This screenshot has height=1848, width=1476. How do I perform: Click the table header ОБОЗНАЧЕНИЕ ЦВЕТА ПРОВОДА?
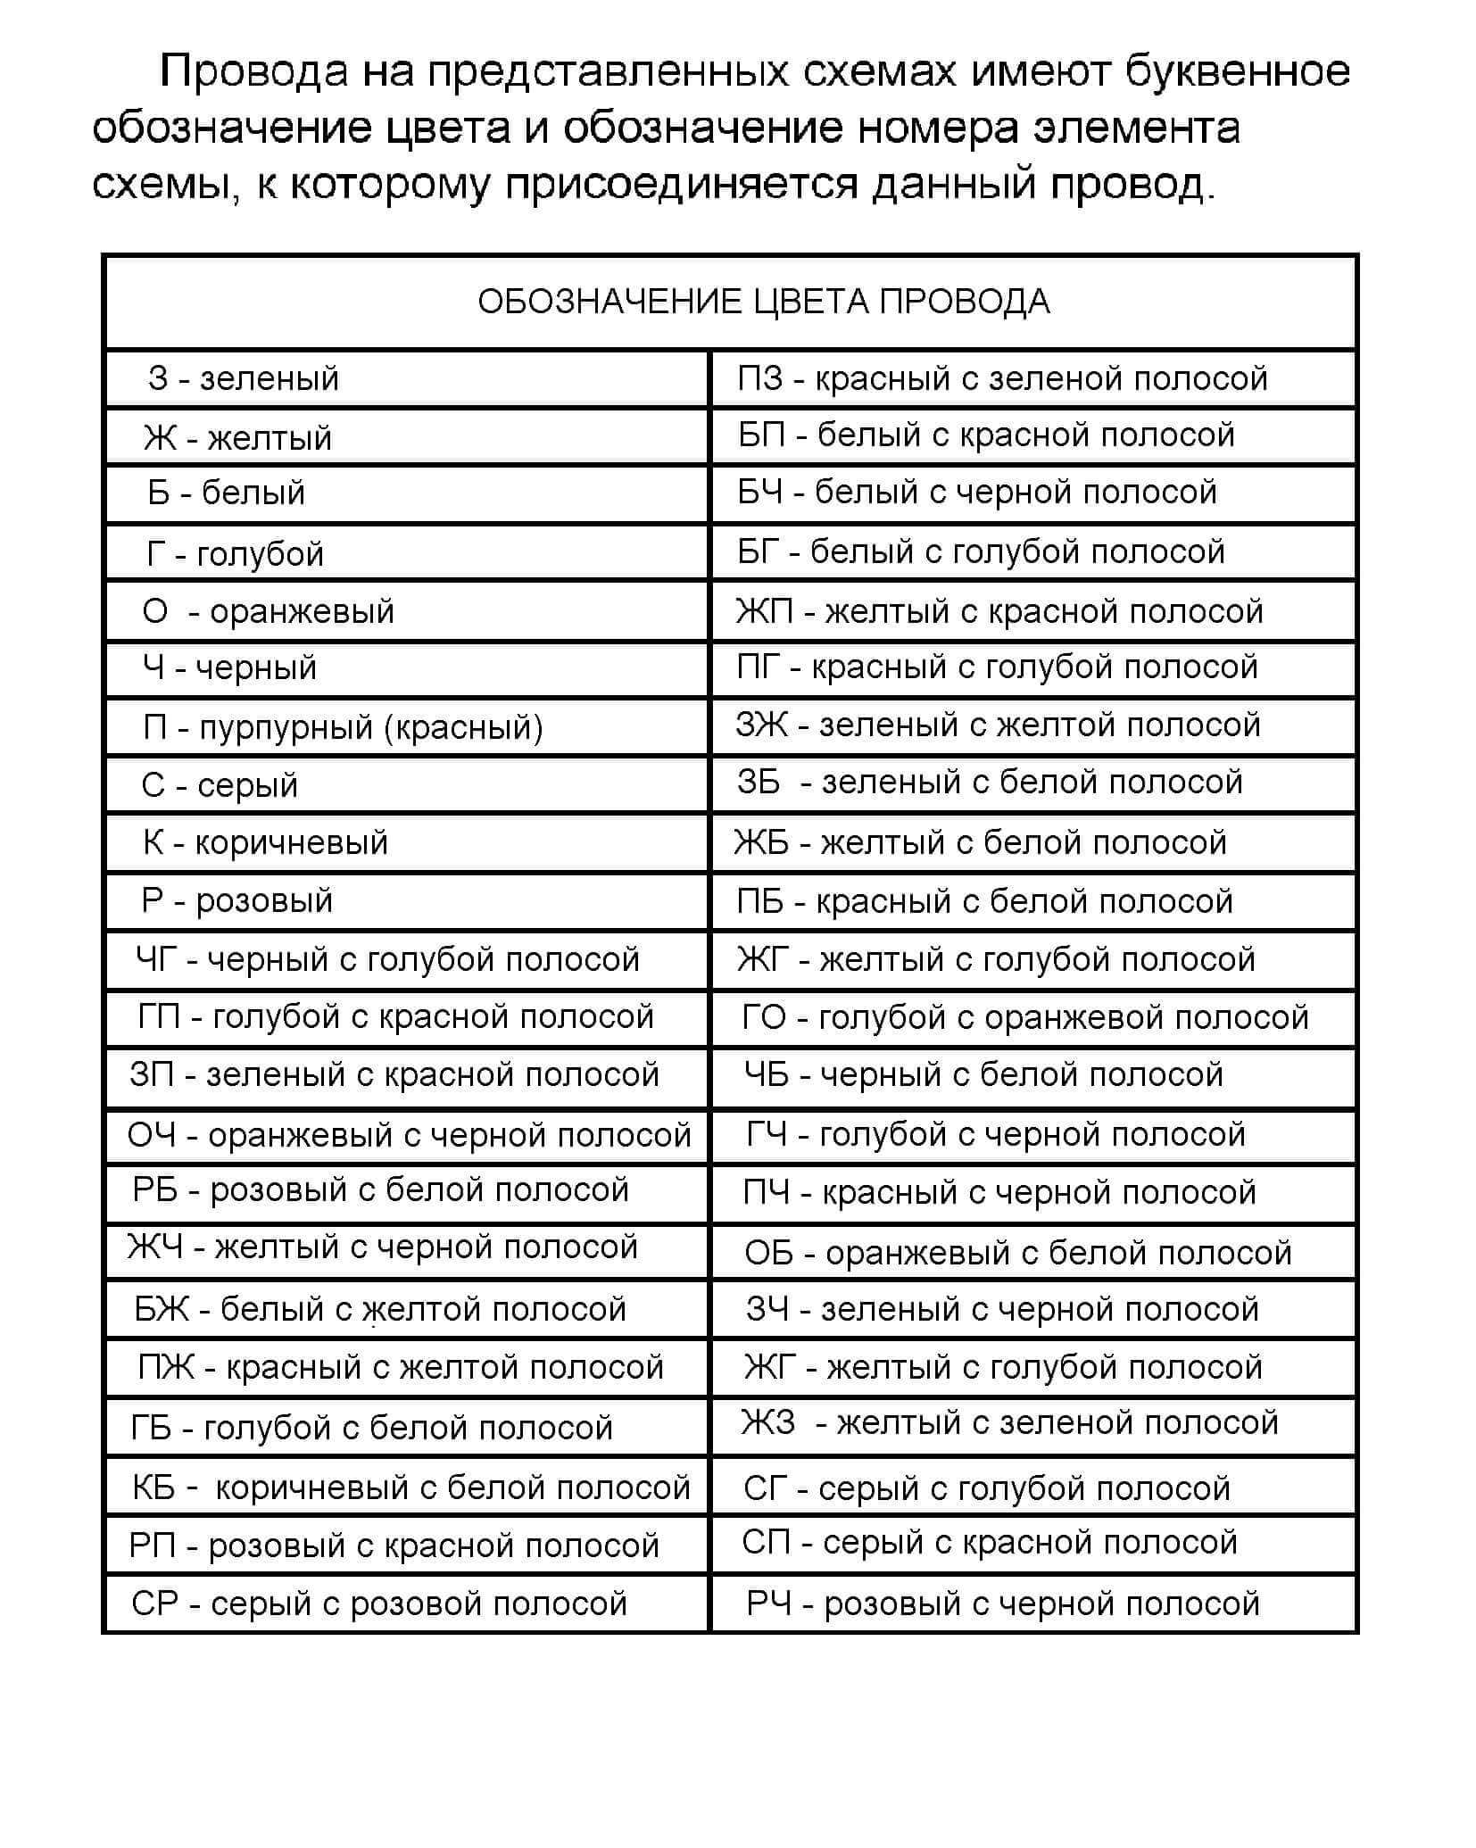763,302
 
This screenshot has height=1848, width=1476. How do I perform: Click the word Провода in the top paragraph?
253,71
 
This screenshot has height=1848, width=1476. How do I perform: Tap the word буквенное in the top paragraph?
1236,71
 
